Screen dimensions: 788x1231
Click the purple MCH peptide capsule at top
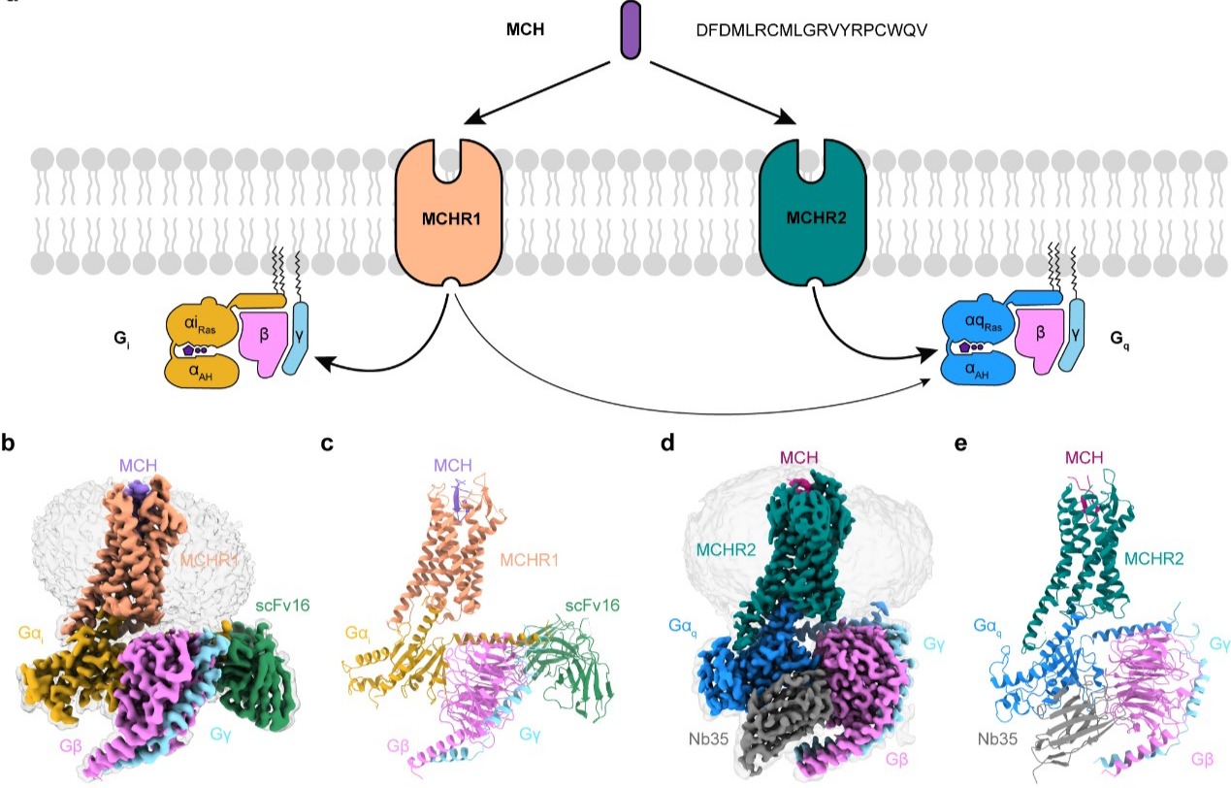(632, 29)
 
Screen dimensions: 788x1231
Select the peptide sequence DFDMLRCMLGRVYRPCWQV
(812, 30)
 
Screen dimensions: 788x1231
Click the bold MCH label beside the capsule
(524, 29)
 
